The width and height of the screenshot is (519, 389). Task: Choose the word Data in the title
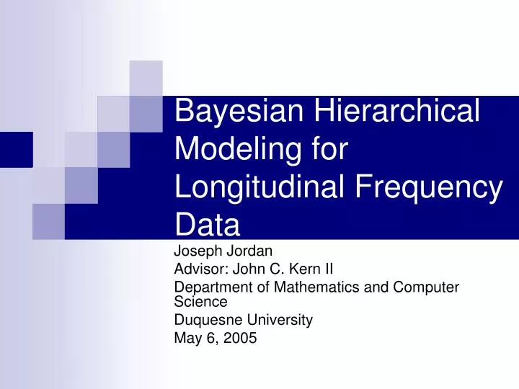pyautogui.click(x=208, y=225)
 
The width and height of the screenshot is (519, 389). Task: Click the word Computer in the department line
pyautogui.click(x=430, y=287)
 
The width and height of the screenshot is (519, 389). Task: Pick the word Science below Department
pyautogui.click(x=201, y=301)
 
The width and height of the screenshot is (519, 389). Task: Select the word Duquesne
pyautogui.click(x=205, y=320)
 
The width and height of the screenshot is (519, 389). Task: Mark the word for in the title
pyautogui.click(x=327, y=151)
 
